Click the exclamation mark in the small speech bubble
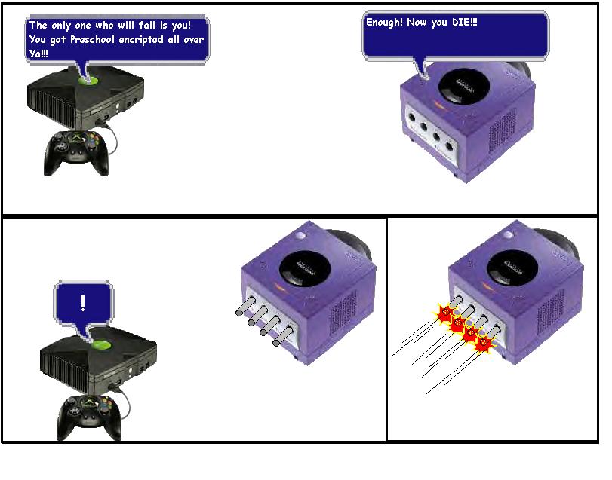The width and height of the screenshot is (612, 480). tap(83, 303)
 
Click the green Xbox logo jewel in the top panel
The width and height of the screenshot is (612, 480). tap(88, 81)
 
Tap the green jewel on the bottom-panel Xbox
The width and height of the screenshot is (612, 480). tap(101, 345)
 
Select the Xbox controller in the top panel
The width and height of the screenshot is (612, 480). tap(76, 153)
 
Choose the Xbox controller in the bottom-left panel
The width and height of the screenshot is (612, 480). tap(89, 417)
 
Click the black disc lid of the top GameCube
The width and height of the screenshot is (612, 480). tap(463, 86)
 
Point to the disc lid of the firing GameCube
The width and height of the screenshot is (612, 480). tap(512, 268)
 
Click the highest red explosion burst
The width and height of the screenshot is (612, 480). tap(445, 312)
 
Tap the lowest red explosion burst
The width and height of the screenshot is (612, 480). tap(483, 344)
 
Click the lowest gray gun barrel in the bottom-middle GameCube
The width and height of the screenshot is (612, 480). tap(283, 336)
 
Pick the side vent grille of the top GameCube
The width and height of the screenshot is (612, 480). tap(503, 130)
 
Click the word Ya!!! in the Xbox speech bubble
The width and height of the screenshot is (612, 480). tap(38, 54)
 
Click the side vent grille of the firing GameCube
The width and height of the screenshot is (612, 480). tap(551, 312)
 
